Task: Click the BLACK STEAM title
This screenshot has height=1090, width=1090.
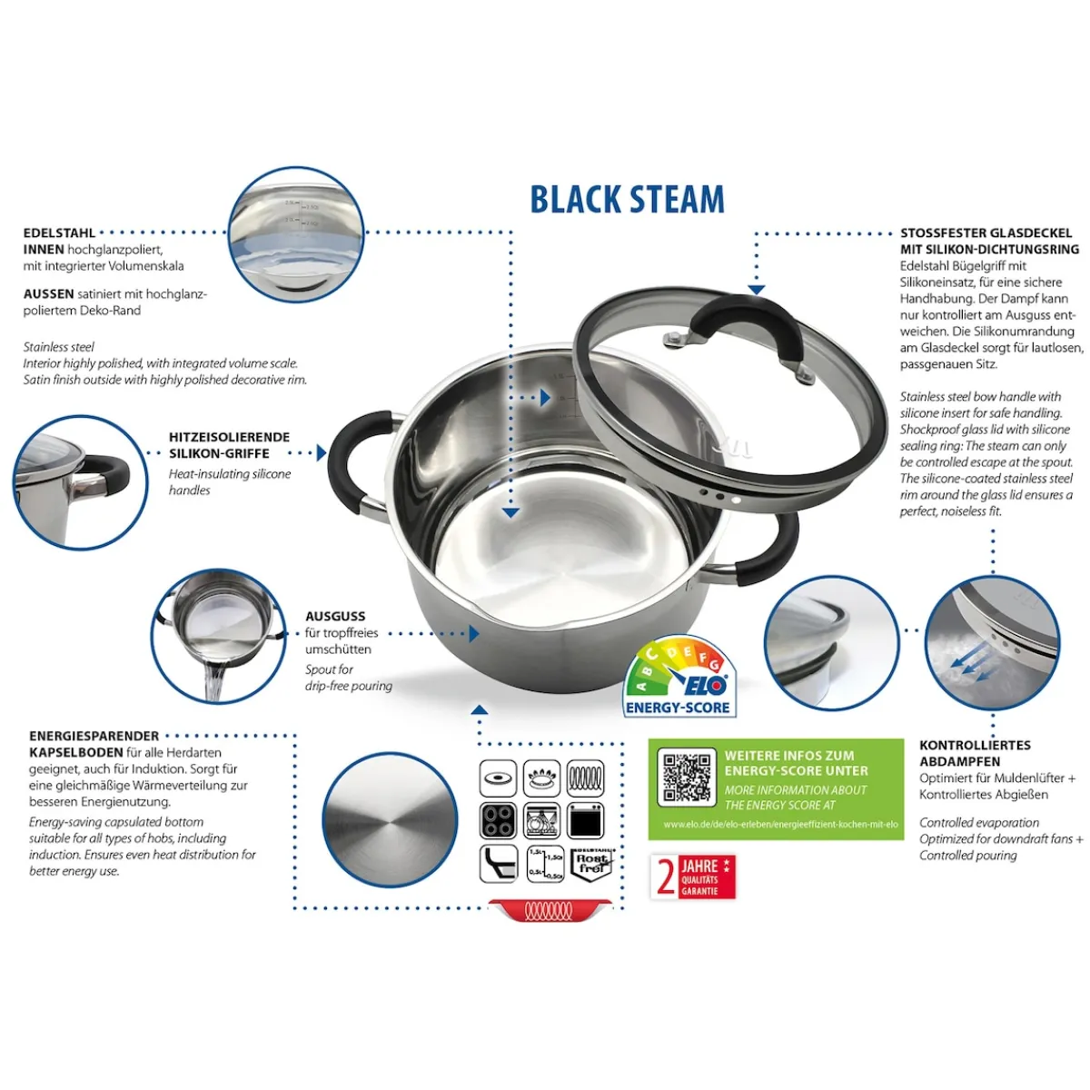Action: (627, 200)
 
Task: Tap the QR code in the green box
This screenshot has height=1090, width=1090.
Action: (686, 778)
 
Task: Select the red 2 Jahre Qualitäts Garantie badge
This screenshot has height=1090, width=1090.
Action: (693, 877)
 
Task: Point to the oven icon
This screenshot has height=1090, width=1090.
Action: (587, 821)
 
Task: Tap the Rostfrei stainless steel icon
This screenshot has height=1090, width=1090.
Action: (590, 863)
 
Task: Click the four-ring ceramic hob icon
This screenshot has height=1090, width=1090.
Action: (498, 821)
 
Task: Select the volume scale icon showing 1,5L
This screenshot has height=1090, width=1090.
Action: (545, 863)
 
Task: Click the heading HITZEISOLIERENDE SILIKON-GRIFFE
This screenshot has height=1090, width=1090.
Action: (229, 445)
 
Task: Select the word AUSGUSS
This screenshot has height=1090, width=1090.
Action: (335, 616)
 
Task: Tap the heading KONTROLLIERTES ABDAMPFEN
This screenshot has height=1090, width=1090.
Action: (975, 753)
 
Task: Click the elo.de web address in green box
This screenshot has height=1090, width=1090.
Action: (780, 825)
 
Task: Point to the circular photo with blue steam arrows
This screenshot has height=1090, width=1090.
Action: (992, 643)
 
